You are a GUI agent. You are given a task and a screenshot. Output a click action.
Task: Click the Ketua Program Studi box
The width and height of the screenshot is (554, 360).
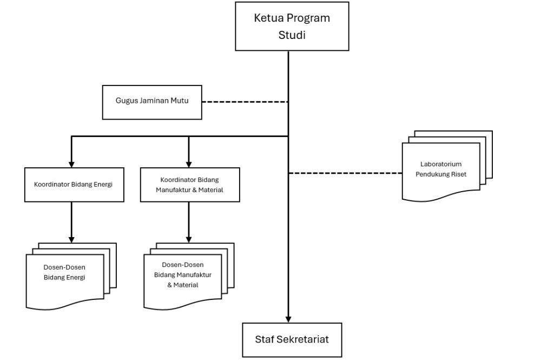coord(292,26)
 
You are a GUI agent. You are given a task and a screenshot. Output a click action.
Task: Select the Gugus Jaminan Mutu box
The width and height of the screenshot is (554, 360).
coord(152,102)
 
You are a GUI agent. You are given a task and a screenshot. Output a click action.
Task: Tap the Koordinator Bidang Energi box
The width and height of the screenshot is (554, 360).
coord(74,185)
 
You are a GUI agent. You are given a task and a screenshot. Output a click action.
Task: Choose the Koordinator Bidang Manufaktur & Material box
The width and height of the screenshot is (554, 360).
coord(190,185)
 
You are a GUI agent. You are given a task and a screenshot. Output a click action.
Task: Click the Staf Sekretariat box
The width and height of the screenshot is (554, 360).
coord(292,340)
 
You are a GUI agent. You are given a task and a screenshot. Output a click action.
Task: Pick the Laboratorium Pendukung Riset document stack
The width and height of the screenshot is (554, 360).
coord(447,166)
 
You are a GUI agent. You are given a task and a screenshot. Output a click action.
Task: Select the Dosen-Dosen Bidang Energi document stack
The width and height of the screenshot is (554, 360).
coord(71,277)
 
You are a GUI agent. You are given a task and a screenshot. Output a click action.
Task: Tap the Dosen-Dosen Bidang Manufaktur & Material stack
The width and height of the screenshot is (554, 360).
coord(189,277)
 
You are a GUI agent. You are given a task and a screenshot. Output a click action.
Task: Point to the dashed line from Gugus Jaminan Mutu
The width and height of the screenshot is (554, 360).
coord(245,102)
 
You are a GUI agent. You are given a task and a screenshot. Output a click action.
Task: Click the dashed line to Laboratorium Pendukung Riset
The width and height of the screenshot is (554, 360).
coord(346,173)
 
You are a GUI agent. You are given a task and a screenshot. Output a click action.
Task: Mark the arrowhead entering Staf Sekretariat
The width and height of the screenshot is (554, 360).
coord(288,319)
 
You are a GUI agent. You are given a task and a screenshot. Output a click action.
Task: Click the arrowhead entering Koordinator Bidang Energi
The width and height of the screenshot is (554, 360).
coord(71,165)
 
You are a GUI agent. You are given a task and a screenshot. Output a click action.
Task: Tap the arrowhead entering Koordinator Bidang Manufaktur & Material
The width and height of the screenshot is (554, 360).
coord(189,165)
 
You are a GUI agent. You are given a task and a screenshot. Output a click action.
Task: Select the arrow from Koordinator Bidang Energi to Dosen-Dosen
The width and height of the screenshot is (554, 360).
coord(71,222)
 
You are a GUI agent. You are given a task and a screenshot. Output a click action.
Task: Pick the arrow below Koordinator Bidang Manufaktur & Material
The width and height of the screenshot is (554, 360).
coord(189,222)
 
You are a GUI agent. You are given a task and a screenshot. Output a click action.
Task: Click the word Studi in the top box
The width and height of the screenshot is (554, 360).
coord(292,35)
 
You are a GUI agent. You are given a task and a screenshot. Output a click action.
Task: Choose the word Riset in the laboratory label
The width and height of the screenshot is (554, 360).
coord(458,174)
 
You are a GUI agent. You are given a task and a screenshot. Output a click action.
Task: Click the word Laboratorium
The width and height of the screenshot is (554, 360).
coord(441,164)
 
